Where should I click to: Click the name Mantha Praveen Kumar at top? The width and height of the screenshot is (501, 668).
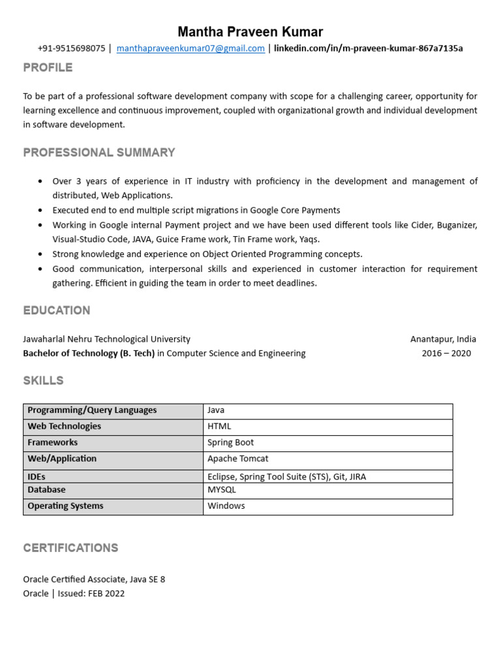pyautogui.click(x=250, y=32)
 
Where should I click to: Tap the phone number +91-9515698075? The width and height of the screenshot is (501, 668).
pyautogui.click(x=71, y=48)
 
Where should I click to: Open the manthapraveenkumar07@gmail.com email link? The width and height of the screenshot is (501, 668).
pyautogui.click(x=190, y=48)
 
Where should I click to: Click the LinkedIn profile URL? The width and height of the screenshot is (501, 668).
pyautogui.click(x=369, y=48)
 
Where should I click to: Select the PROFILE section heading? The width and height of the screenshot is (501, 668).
pyautogui.click(x=48, y=68)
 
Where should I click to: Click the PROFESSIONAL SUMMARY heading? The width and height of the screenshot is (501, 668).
pyautogui.click(x=99, y=153)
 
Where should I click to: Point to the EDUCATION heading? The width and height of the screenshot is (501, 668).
pyautogui.click(x=57, y=311)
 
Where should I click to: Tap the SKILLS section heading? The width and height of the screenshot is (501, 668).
pyautogui.click(x=43, y=381)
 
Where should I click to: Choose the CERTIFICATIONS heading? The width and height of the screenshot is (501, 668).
pyautogui.click(x=70, y=548)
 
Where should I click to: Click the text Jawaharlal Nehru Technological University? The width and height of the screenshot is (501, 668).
pyautogui.click(x=106, y=339)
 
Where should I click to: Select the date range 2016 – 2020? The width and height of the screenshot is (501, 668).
pyautogui.click(x=446, y=354)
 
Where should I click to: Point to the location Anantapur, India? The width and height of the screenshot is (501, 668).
pyautogui.click(x=443, y=339)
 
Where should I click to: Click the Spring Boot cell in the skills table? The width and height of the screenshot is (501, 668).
pyautogui.click(x=231, y=443)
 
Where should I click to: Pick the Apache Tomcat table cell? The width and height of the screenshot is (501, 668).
pyautogui.click(x=238, y=459)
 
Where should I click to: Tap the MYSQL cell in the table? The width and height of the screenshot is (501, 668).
pyautogui.click(x=222, y=490)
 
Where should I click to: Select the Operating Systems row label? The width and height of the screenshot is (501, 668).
pyautogui.click(x=65, y=506)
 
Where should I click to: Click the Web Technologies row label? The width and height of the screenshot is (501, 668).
pyautogui.click(x=64, y=427)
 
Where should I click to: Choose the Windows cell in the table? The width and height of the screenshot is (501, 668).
pyautogui.click(x=226, y=506)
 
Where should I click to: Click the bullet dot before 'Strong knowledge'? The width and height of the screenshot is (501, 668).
pyautogui.click(x=41, y=254)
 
